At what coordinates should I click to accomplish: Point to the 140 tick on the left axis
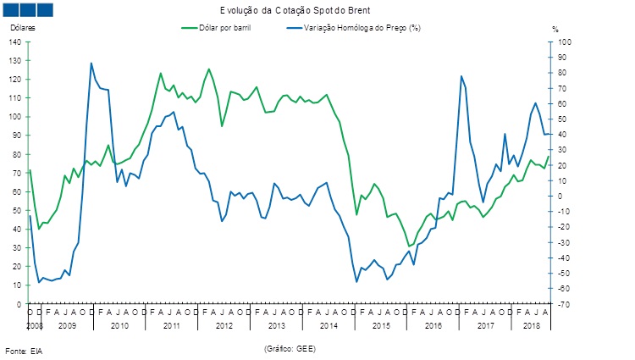(16, 42)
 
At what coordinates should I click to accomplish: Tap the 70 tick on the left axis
(18, 173)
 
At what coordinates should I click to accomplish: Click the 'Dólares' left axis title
(23, 28)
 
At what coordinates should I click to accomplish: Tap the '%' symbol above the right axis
(555, 29)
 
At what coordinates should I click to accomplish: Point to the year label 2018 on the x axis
(532, 325)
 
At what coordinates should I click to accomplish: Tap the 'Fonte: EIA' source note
(23, 350)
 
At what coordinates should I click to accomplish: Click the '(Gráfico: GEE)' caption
(290, 348)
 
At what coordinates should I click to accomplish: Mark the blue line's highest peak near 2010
(91, 63)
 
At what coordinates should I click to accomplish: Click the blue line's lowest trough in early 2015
(356, 281)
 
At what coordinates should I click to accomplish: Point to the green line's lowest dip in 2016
(409, 246)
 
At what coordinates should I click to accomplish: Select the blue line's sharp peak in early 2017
(461, 76)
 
